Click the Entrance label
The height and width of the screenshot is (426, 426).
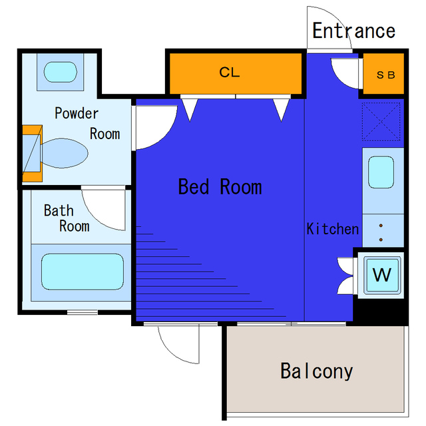click(353, 31)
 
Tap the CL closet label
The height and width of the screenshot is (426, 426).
click(230, 73)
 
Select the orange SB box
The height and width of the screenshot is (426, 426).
click(383, 74)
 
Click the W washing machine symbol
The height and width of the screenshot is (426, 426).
click(381, 275)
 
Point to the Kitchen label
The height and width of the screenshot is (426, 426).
click(333, 229)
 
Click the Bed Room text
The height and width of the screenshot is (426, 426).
click(220, 186)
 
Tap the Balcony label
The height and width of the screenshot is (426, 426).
click(317, 371)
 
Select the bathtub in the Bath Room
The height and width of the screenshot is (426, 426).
click(83, 272)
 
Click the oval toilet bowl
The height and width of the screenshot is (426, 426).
click(65, 153)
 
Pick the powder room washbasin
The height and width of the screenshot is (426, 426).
click(61, 72)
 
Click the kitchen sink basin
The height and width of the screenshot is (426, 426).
click(381, 172)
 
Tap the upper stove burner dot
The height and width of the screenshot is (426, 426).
click(381, 226)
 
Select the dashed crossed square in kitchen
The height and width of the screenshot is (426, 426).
click(381, 121)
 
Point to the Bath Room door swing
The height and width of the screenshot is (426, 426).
click(96, 214)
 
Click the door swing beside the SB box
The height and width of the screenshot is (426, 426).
click(339, 79)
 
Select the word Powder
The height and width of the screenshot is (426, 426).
click(77, 113)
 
